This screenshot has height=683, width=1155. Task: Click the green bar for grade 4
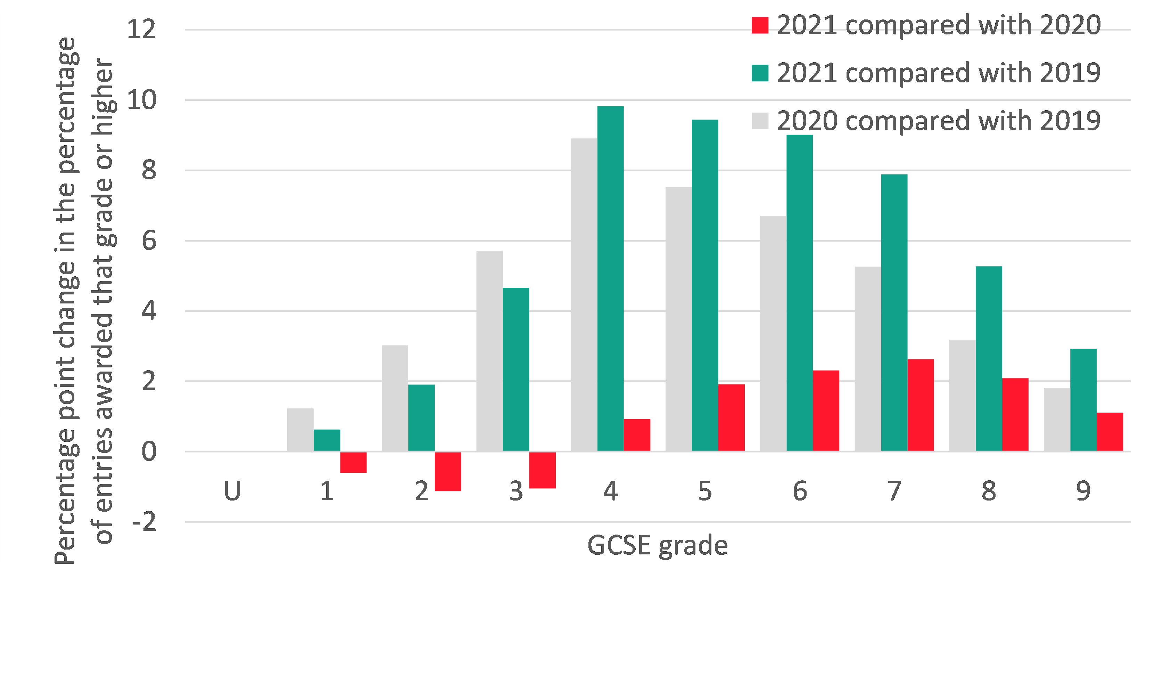click(x=610, y=278)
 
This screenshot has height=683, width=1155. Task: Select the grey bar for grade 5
click(x=678, y=319)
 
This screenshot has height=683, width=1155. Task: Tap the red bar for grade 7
click(x=921, y=405)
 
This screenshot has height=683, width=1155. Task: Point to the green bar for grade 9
click(x=1083, y=400)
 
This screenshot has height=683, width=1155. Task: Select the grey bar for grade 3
click(x=489, y=351)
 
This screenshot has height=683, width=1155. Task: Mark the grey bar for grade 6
click(x=773, y=333)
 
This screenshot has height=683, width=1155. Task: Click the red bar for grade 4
click(x=637, y=435)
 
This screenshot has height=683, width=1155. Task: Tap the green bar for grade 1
click(x=327, y=440)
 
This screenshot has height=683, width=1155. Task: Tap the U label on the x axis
click(x=232, y=491)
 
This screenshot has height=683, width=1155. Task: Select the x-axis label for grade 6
click(x=799, y=491)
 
